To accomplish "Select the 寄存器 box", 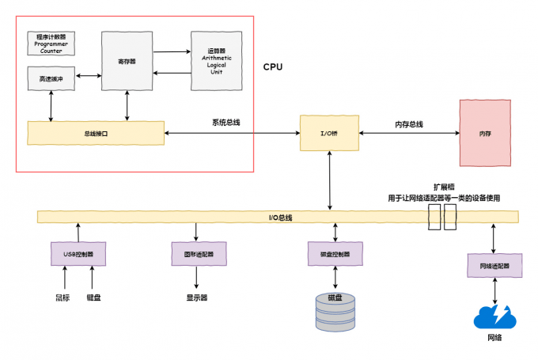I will [127, 60].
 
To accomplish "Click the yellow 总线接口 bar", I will [96, 133].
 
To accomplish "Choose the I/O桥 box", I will [329, 133].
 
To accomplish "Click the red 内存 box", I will [486, 133].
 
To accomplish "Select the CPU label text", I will [273, 67].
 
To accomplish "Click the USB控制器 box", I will [78, 254].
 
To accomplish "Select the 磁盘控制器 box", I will [335, 254].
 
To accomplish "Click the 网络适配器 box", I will [494, 265].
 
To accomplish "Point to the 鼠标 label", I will [63, 297].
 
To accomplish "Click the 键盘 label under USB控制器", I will [93, 297].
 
